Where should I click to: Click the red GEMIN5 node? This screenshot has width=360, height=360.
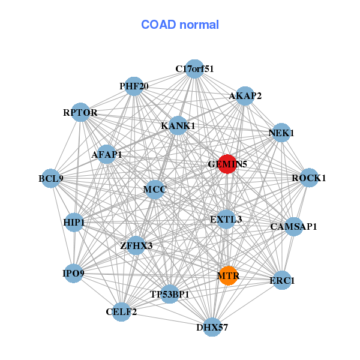click(x=227, y=164)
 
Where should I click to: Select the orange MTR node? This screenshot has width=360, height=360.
click(x=228, y=276)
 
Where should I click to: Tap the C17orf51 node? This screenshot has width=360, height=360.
click(x=194, y=69)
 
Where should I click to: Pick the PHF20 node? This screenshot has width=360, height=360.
click(x=134, y=86)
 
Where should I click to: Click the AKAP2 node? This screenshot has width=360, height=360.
click(x=245, y=96)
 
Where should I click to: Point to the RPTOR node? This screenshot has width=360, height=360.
click(x=80, y=112)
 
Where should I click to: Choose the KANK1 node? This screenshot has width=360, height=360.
click(x=178, y=125)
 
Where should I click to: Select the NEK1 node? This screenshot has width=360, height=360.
click(x=281, y=133)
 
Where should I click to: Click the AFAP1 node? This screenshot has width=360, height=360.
click(x=107, y=154)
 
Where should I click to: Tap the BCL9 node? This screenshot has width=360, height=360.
click(x=51, y=178)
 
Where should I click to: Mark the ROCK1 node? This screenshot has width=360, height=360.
click(x=309, y=178)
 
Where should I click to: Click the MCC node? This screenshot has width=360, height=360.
click(x=155, y=190)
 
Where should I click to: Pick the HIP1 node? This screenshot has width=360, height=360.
click(x=74, y=222)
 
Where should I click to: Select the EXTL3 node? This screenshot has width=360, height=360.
click(x=226, y=219)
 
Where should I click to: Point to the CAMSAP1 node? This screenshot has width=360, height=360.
click(x=293, y=227)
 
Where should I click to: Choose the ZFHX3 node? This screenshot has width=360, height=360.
click(x=136, y=245)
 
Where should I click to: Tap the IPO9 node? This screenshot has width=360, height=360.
click(x=73, y=273)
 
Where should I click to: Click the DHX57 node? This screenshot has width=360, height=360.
click(x=212, y=327)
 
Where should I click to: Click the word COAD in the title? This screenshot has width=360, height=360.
click(x=158, y=25)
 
